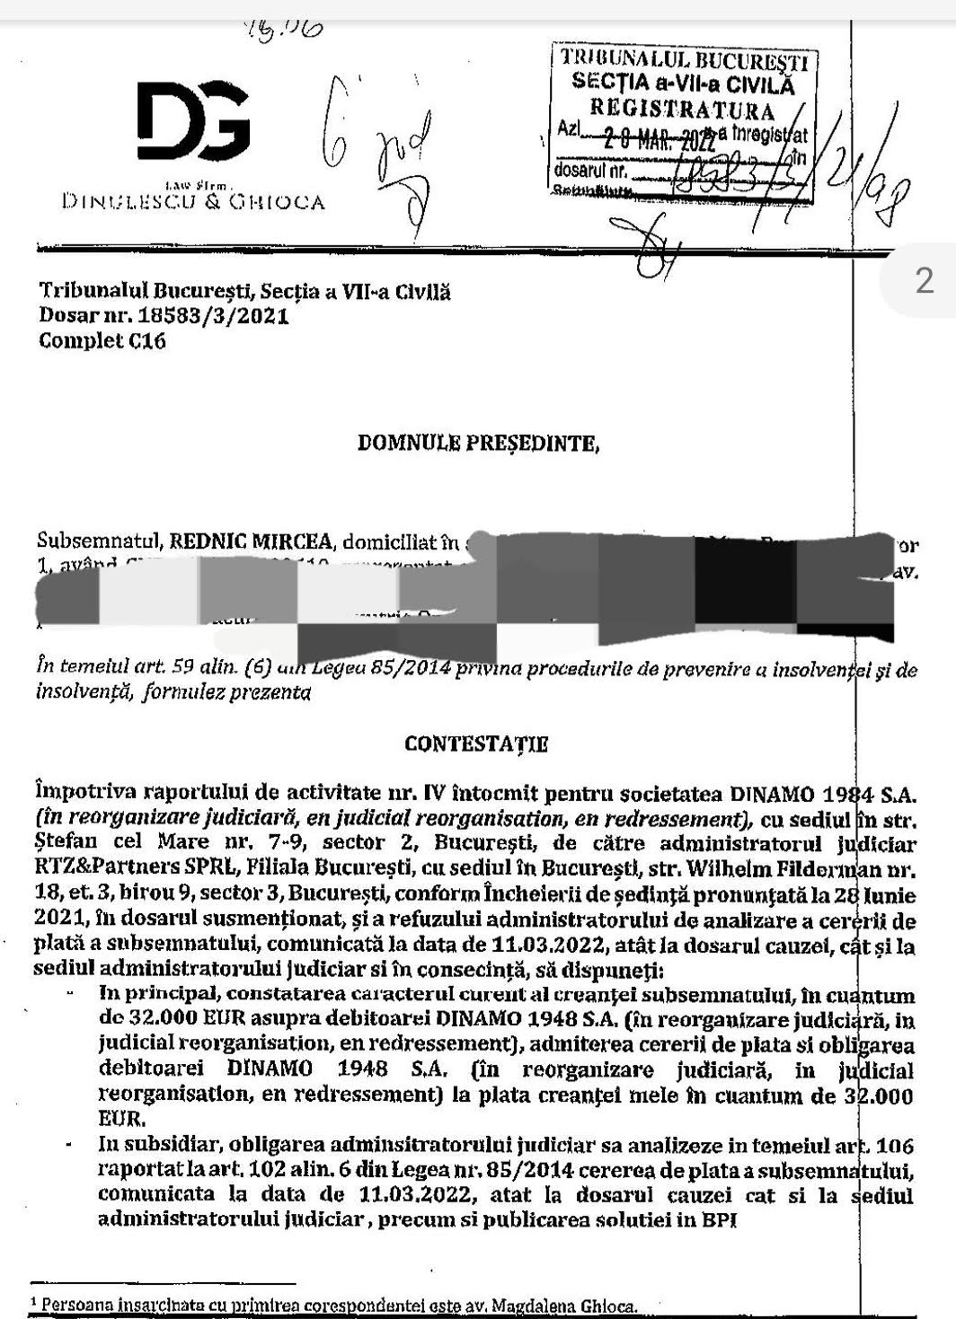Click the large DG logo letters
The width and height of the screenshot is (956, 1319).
(x=193, y=119)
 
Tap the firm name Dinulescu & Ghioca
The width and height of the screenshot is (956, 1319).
(x=193, y=202)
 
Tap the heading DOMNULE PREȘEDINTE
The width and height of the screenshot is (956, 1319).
(x=477, y=443)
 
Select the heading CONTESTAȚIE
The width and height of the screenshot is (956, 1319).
(x=476, y=743)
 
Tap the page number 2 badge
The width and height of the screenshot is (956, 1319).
(x=925, y=283)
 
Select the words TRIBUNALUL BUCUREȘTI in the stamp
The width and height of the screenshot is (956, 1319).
(x=684, y=60)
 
